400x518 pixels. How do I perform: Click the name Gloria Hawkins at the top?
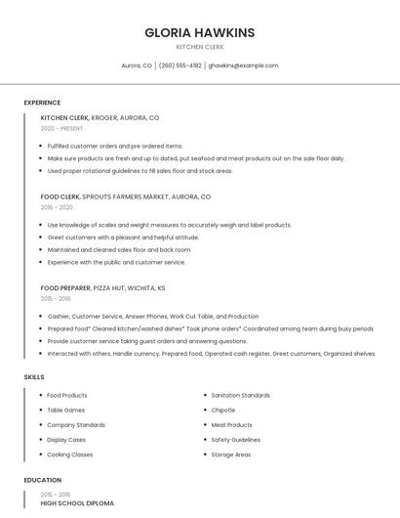click(199, 32)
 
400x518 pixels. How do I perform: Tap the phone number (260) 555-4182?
click(180, 65)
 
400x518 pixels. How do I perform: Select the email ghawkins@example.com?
click(243, 65)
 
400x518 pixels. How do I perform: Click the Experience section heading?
click(42, 103)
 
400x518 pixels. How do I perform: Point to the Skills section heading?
click(34, 376)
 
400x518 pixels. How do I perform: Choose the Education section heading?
click(42, 480)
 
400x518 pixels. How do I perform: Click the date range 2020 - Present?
click(61, 128)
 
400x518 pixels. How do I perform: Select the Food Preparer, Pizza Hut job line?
click(102, 288)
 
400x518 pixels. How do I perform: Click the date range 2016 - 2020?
click(57, 207)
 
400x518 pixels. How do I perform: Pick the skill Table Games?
click(66, 410)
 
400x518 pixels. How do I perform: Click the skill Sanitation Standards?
click(240, 395)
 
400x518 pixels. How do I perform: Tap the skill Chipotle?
click(223, 410)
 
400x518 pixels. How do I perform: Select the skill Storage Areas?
click(231, 454)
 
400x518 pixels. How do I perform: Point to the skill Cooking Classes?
click(70, 454)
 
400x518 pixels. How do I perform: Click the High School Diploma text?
click(77, 503)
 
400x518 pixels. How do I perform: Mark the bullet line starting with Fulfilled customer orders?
click(115, 146)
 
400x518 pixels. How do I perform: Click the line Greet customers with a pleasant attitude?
click(123, 237)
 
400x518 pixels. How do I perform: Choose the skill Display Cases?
click(67, 440)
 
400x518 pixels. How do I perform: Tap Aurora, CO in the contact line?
click(137, 65)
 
